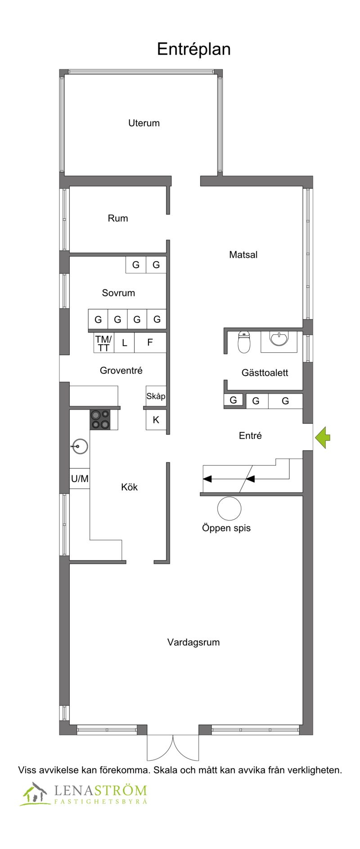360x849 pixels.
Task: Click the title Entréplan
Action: pos(193,49)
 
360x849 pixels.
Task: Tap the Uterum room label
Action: pos(144,123)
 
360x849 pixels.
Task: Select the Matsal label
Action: pos(243,255)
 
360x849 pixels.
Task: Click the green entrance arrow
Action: pos(323,437)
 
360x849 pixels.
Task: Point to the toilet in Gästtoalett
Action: pos(244,343)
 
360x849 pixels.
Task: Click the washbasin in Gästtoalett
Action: pos(279,340)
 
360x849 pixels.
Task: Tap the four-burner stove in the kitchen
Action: pos(100,419)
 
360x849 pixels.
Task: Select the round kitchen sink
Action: pos(80,446)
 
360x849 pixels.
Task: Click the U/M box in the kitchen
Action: pos(80,479)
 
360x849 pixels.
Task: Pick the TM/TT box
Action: pos(103,343)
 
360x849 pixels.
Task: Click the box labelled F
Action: pos(150,342)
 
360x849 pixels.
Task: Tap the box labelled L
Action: pos(124,343)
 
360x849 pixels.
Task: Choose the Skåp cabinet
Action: pos(156,396)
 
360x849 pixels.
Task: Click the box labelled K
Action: pos(156,420)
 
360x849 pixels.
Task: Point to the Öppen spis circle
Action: pos(229,508)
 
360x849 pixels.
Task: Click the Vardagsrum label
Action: pos(193,642)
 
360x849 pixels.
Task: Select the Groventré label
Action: pos(121,370)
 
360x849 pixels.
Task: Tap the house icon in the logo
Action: pos(35,794)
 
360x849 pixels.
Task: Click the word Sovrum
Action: pos(118,293)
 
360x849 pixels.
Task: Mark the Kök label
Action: pos(129,487)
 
